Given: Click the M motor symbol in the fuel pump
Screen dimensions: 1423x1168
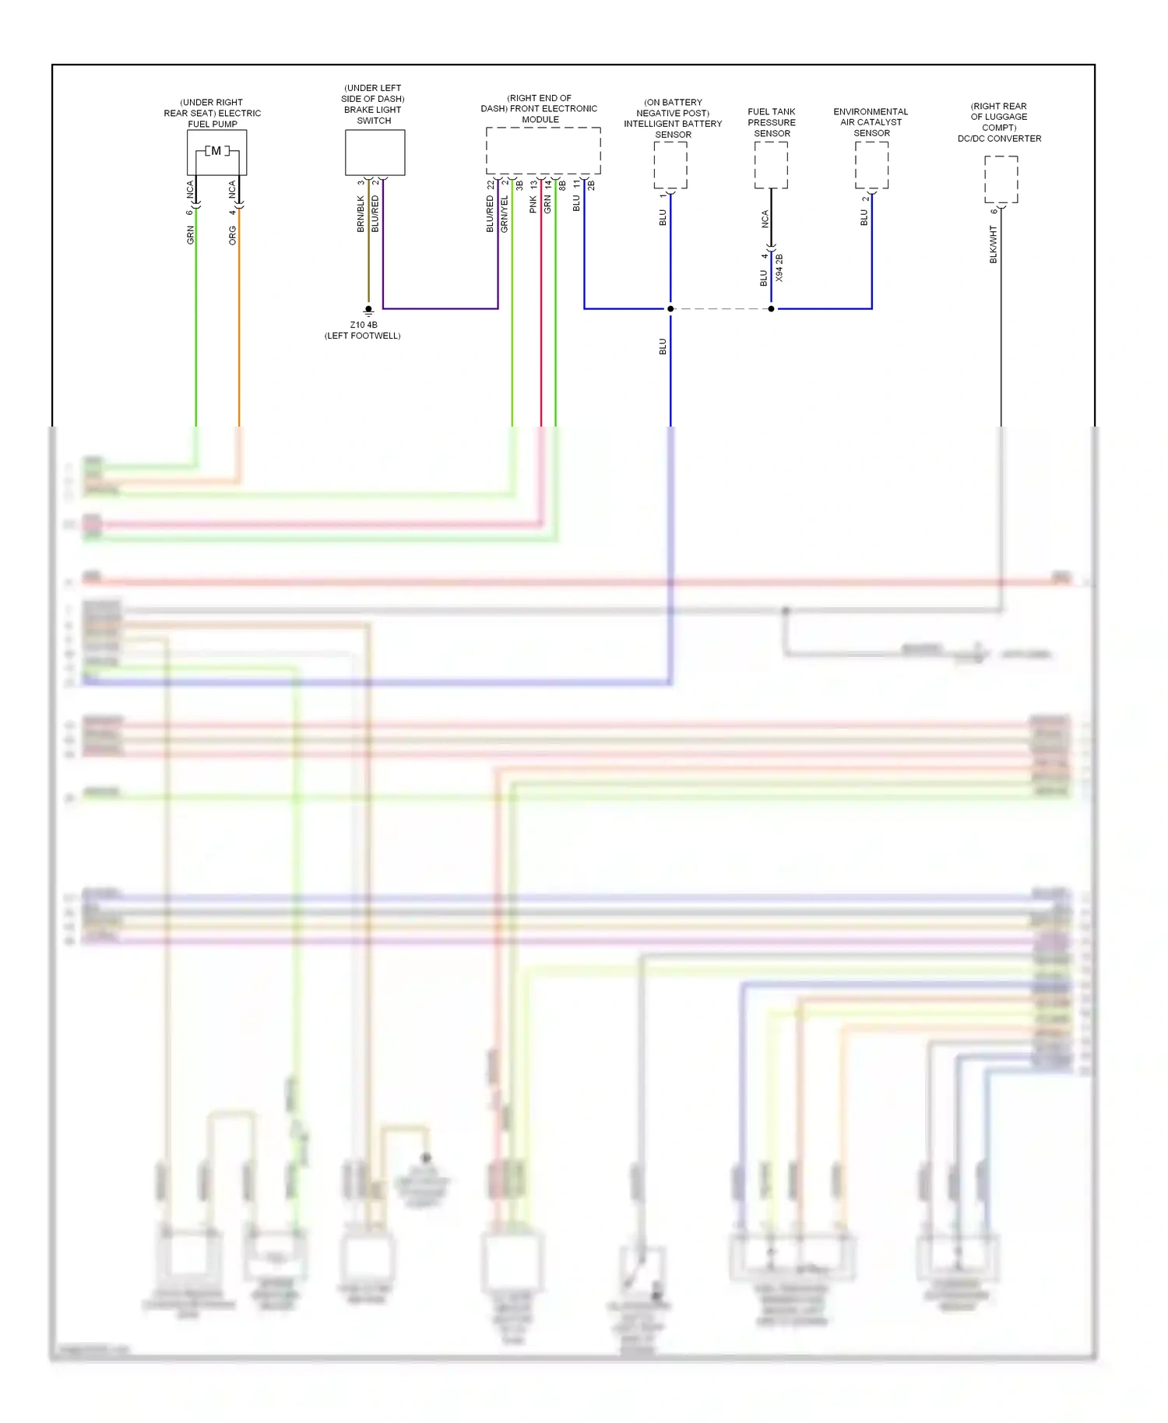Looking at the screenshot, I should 216,151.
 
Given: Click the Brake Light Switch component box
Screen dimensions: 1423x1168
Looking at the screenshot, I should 375,152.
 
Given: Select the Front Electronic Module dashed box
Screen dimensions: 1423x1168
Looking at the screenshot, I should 543,150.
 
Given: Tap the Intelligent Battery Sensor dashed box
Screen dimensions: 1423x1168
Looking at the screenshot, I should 670,165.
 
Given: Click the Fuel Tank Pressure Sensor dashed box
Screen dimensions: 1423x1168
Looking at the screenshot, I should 771,165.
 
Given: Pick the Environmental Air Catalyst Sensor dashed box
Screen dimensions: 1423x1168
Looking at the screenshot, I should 871,165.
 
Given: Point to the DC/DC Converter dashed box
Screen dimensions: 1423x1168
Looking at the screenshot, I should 1001,179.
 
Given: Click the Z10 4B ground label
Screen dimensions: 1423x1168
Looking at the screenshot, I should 363,325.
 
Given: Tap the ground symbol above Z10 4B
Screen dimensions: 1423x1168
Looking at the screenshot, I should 368,311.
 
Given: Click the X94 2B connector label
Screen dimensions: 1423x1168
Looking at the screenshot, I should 779,268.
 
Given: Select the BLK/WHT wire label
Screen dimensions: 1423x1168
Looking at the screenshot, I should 993,244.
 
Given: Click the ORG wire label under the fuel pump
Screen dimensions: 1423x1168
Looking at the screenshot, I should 232,236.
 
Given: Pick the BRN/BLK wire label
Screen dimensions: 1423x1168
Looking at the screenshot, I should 361,213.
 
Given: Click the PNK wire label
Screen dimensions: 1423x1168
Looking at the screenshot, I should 533,205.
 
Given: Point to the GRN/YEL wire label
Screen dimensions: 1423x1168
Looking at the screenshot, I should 504,213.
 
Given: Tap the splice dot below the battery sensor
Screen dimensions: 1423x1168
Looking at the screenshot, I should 670,309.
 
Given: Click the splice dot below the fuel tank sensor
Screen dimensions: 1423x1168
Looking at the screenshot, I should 771,309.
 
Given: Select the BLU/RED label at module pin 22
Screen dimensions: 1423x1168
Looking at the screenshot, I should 490,213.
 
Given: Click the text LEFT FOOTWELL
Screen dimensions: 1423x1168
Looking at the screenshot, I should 363,336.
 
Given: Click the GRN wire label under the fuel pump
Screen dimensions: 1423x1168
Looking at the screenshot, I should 190,235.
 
